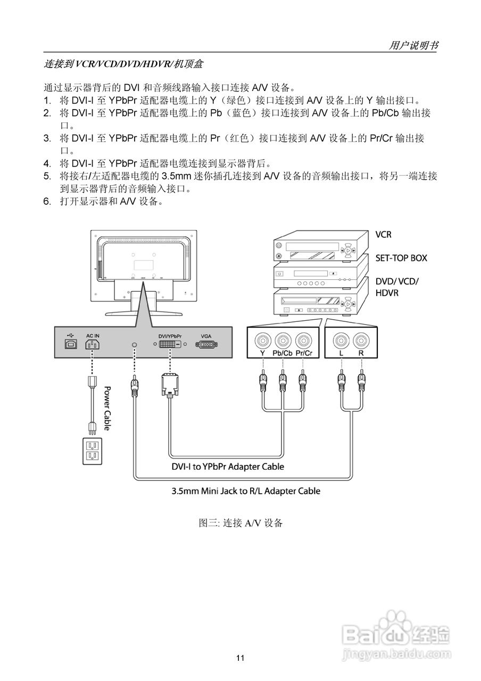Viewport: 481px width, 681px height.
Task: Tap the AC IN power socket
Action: tap(92, 345)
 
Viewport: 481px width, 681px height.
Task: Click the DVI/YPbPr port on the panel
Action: tap(170, 345)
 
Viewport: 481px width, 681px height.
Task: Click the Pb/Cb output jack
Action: tap(283, 340)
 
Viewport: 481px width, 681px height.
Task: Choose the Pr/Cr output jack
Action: tap(303, 340)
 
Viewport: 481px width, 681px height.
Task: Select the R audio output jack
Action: tap(361, 340)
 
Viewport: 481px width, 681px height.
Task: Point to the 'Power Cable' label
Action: tap(106, 408)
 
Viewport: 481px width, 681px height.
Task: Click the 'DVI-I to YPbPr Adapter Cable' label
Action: tap(227, 467)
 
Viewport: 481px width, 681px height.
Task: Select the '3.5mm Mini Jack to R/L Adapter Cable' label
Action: tap(246, 491)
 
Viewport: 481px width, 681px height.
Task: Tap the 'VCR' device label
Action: tap(384, 234)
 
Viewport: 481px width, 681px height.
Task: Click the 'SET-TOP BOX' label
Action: tap(401, 258)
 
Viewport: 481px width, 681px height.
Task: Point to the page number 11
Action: tap(240, 658)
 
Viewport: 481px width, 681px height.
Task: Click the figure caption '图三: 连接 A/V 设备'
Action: tap(240, 523)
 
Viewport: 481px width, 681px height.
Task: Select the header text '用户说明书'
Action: tap(413, 46)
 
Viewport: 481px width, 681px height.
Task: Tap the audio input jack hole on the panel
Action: tap(134, 345)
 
